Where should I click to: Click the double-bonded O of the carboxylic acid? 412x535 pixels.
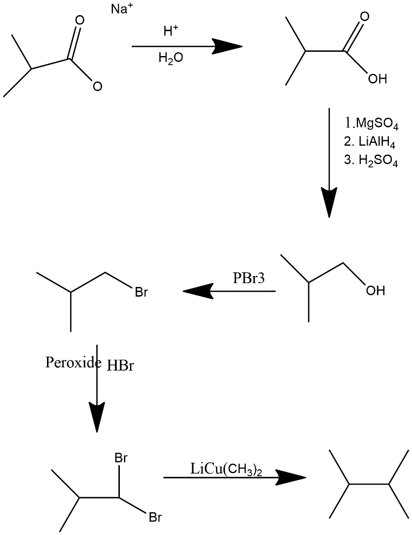click(x=366, y=17)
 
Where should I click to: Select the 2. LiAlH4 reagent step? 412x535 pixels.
click(x=370, y=142)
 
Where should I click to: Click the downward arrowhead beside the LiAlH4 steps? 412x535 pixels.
click(x=329, y=202)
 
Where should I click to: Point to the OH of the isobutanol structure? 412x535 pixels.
click(x=375, y=291)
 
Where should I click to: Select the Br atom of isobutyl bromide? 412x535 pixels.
click(x=141, y=293)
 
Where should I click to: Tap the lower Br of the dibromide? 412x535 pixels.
click(x=155, y=518)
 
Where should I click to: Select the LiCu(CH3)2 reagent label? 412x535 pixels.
click(x=227, y=468)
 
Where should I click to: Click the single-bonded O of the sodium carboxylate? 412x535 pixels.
click(x=97, y=85)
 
